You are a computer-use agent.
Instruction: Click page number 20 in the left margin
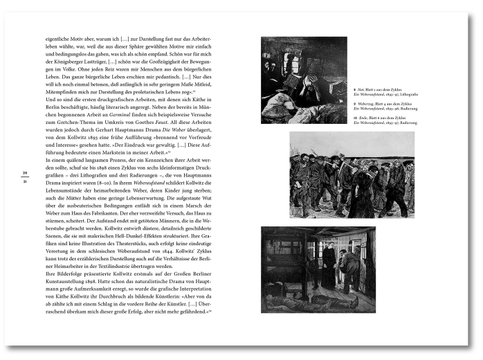[24, 173]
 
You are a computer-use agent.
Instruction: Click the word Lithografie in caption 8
[405, 95]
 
